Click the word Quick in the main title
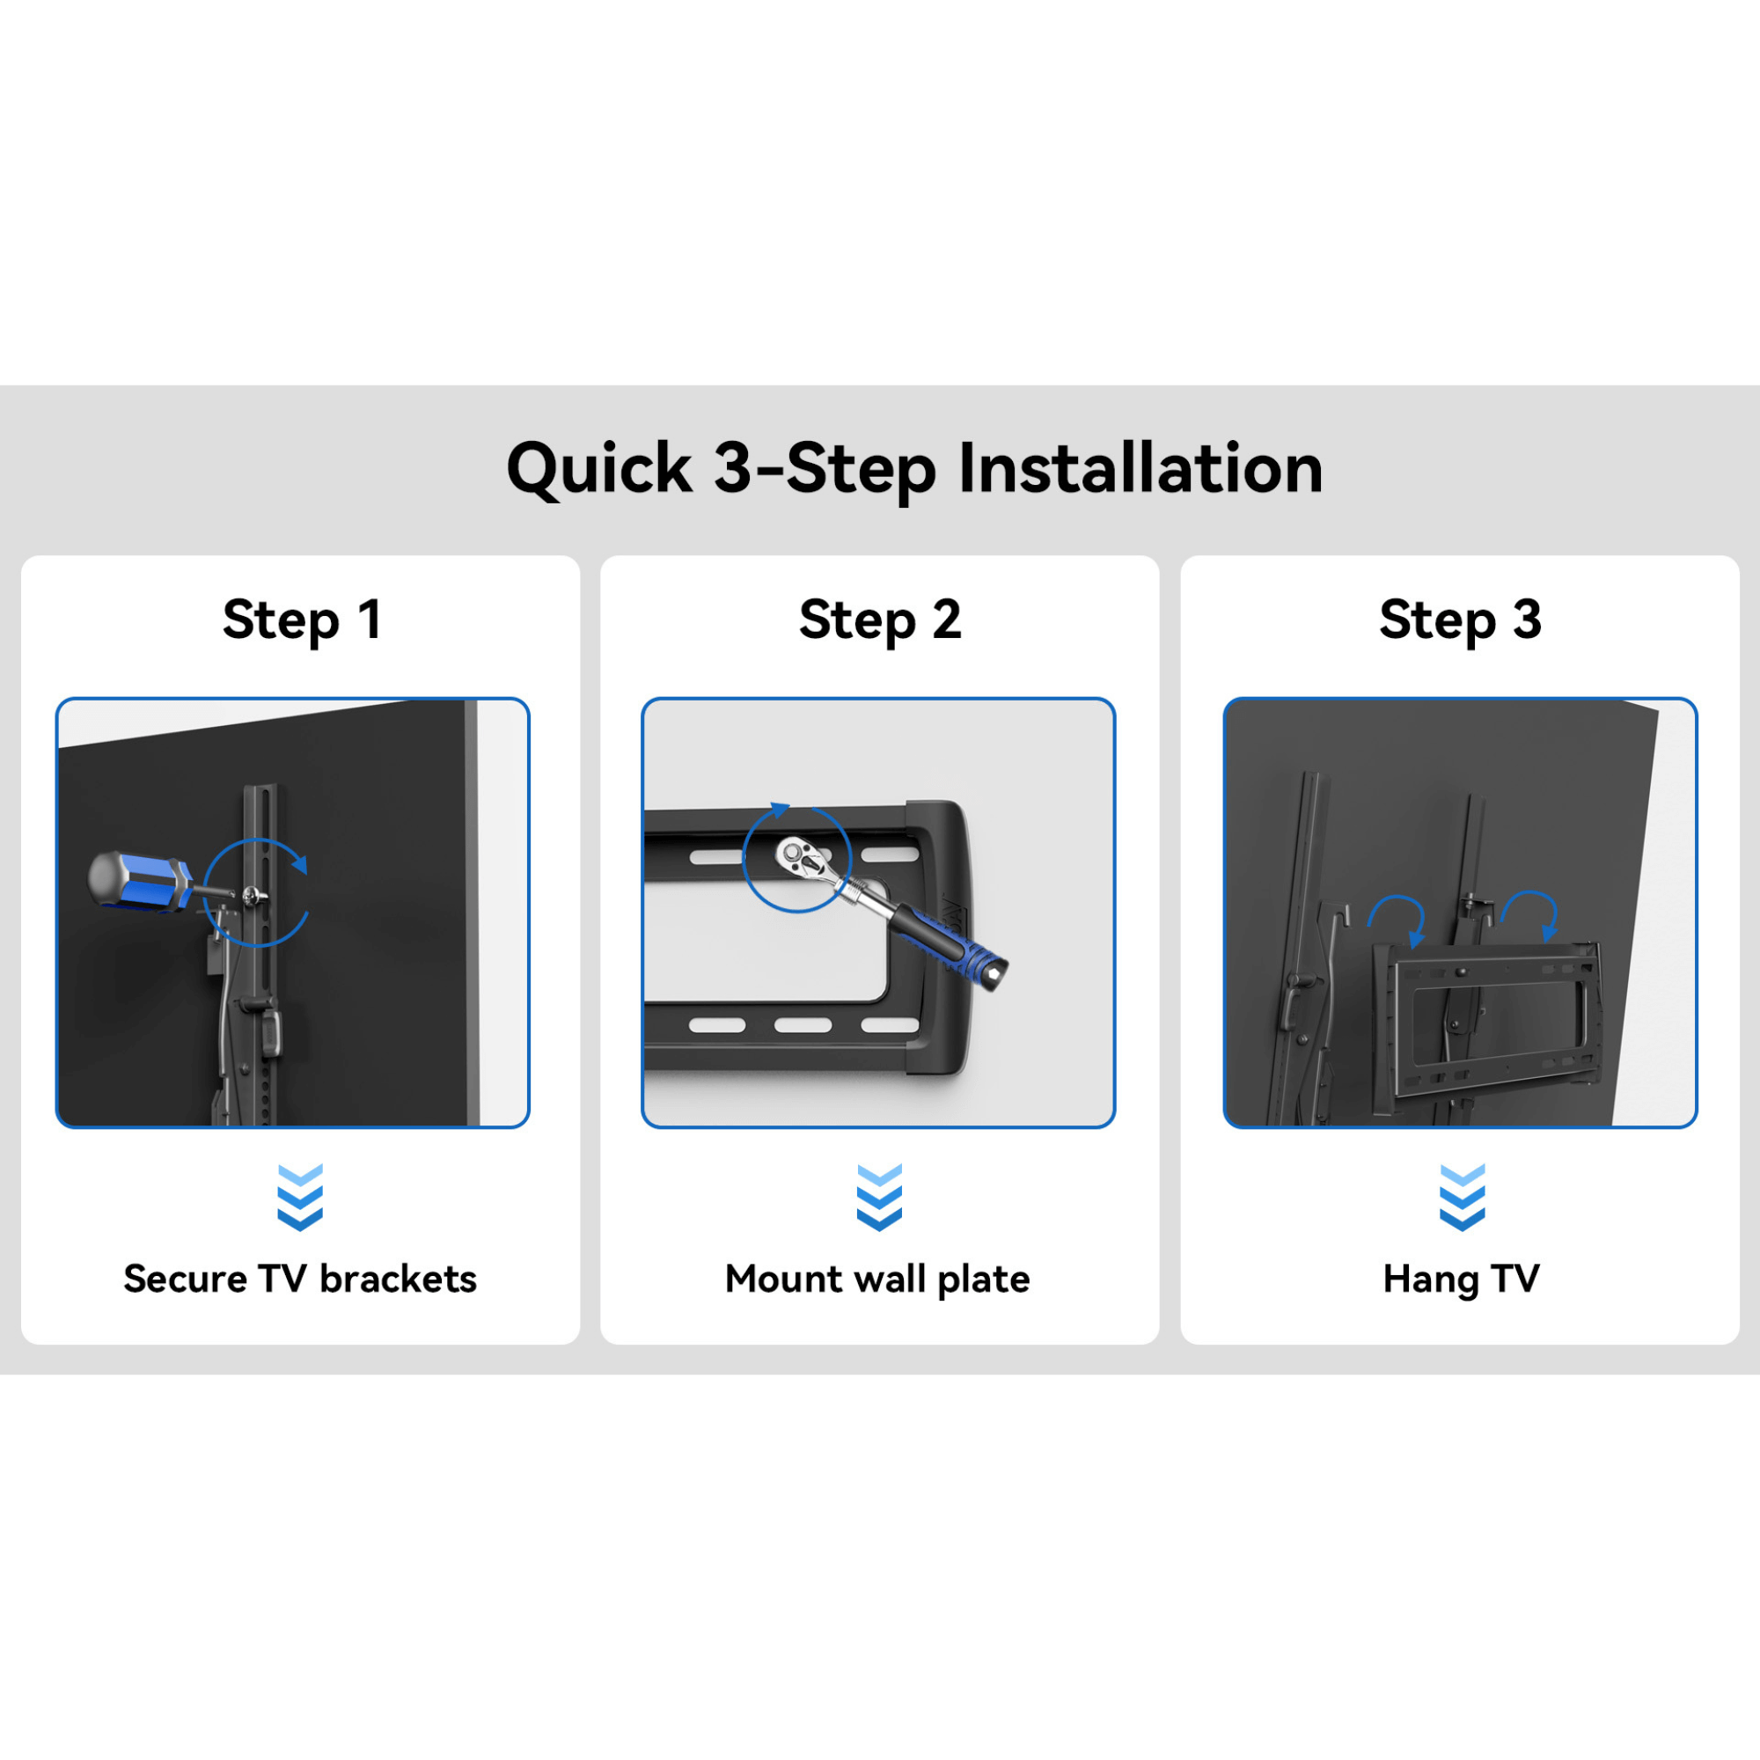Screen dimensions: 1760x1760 pos(598,469)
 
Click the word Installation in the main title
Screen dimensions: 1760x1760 pos(1140,469)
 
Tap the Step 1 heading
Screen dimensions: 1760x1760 pos(302,620)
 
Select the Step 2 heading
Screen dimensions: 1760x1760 pos(880,620)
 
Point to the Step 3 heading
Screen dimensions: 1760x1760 pos(1459,620)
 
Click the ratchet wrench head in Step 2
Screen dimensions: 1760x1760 pos(799,856)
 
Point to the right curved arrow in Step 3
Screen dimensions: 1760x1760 pos(1531,913)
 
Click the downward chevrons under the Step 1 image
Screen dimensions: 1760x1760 pos(300,1196)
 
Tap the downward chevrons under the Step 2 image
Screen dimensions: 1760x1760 pos(879,1196)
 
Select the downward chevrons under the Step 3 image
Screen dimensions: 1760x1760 pos(1461,1196)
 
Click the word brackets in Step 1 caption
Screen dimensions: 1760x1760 pos(398,1279)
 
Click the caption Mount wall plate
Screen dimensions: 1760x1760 pos(877,1279)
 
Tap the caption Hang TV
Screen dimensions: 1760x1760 pos(1461,1279)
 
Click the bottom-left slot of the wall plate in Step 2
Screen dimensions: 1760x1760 pos(717,1025)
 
